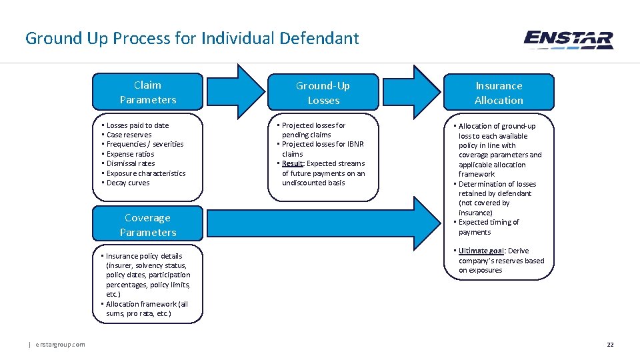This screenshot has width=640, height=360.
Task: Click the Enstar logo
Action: tap(568, 40)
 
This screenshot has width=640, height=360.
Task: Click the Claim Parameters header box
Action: tap(147, 92)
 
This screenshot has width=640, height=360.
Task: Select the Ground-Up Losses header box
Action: tap(323, 93)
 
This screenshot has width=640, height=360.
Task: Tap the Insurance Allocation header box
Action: tap(499, 93)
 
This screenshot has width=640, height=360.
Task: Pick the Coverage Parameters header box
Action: tap(147, 225)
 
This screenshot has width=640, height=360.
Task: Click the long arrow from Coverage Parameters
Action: tap(320, 224)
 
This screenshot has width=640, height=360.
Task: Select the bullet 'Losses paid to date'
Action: tap(137, 125)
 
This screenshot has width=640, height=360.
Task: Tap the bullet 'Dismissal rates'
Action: tap(131, 163)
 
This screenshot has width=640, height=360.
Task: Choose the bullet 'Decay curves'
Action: tap(128, 183)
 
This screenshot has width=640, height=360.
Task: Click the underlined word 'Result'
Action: tap(292, 163)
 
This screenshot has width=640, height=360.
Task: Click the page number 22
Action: tap(609, 344)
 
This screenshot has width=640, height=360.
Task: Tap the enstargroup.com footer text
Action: tap(60, 344)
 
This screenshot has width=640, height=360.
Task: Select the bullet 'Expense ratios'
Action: tap(130, 154)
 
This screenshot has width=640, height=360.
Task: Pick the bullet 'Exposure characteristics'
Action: tap(145, 173)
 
